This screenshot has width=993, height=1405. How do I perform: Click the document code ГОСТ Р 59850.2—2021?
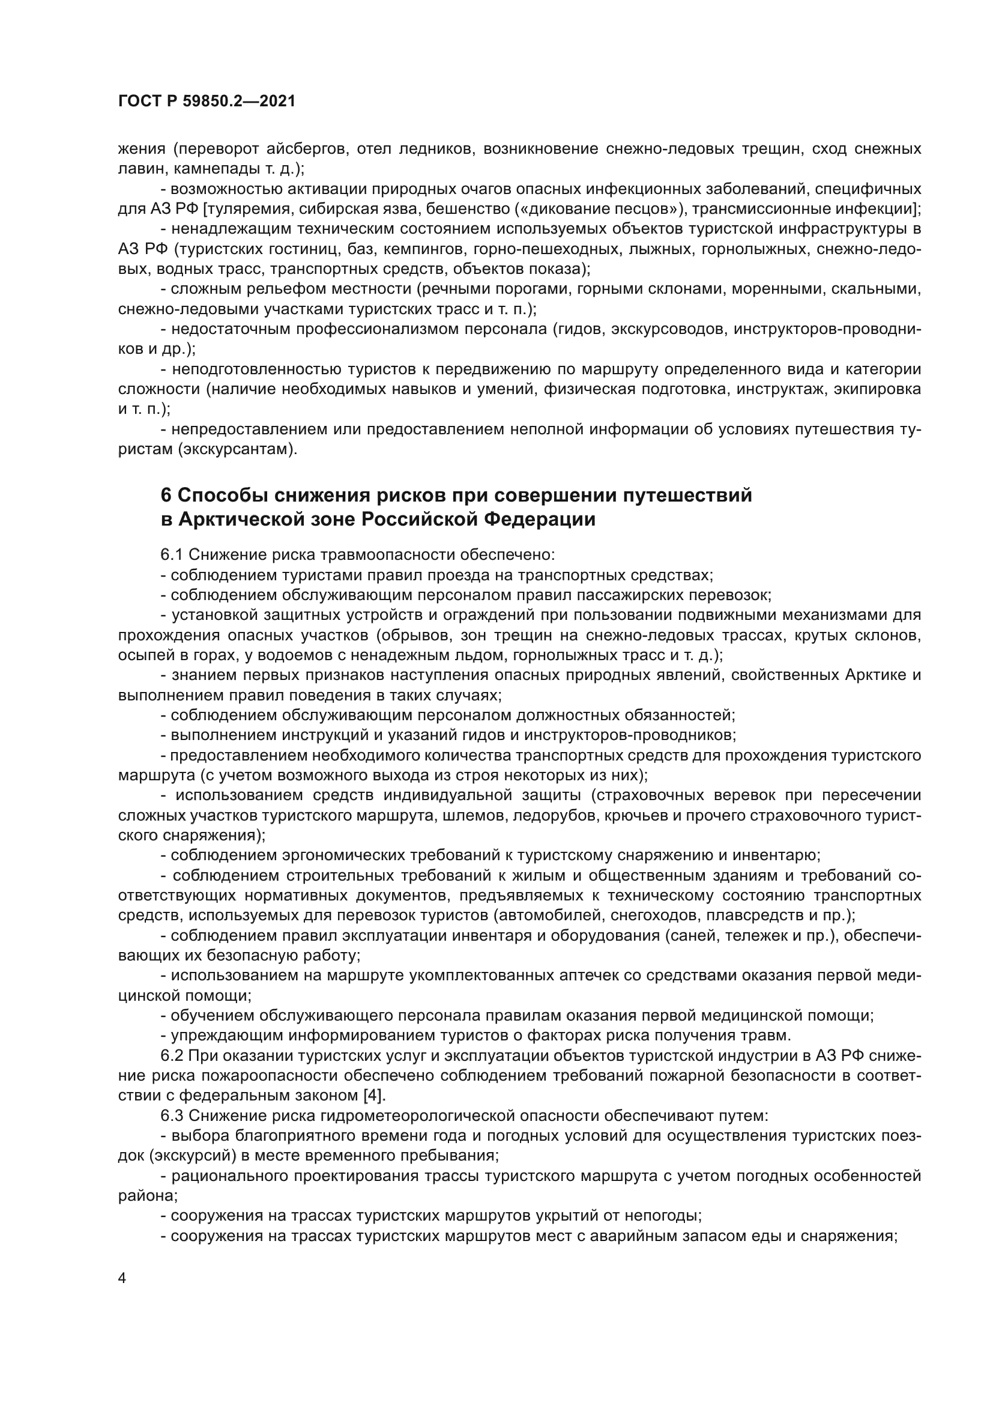click(207, 102)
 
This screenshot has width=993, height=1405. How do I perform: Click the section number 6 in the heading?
click(166, 495)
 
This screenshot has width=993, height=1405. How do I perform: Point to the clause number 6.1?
click(172, 555)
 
